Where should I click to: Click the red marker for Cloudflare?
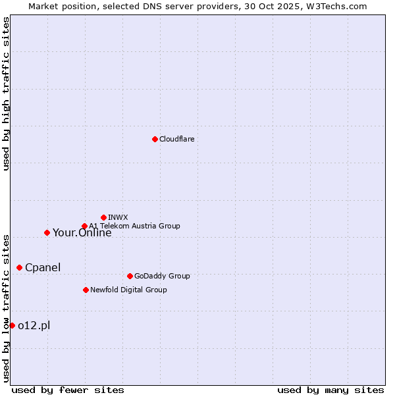tap(155, 139)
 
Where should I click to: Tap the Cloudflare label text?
tap(176, 139)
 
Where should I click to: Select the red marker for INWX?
tap(103, 217)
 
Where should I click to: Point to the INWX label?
tap(118, 217)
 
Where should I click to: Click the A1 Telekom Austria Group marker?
tap(84, 226)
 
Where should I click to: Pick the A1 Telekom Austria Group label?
tap(134, 226)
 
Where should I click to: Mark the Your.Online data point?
tap(47, 232)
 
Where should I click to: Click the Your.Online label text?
tap(82, 232)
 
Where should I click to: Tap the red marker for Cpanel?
tap(19, 267)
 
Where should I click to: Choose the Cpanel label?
tap(42, 267)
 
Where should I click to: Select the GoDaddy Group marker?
tap(130, 276)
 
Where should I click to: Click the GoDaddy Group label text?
tap(161, 276)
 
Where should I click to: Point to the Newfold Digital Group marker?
tap(86, 290)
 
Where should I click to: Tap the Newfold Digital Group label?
tap(128, 290)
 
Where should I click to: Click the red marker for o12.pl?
tap(12, 325)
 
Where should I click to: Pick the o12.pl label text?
tap(34, 325)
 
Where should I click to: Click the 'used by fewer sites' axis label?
tap(68, 390)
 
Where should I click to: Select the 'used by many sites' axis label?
tap(330, 390)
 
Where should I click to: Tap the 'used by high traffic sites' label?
tap(6, 93)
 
